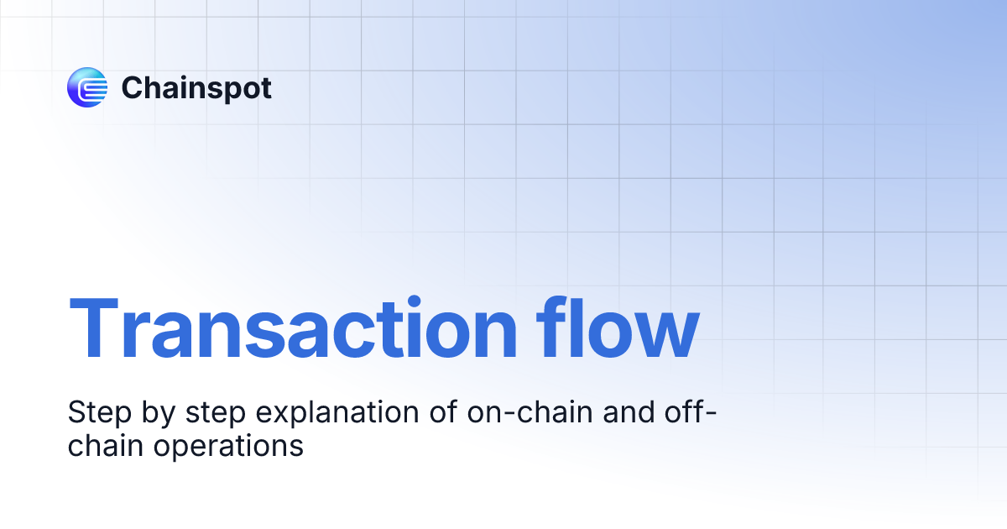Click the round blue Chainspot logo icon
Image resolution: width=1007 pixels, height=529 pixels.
tap(87, 87)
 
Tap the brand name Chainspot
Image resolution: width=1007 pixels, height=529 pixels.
tap(196, 87)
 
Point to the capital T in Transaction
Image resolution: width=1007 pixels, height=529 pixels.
tap(96, 330)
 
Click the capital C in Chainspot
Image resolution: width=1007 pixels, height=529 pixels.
tap(133, 87)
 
